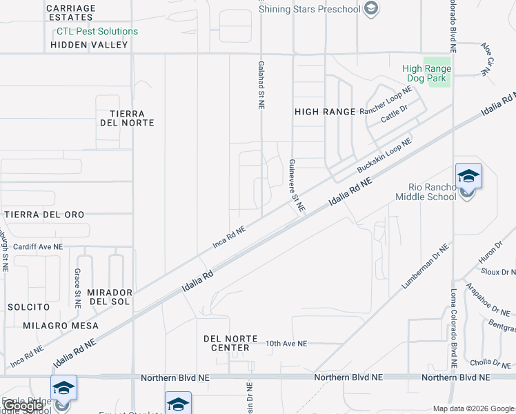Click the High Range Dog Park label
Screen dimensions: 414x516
click(x=427, y=74)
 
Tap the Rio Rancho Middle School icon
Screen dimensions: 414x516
click(x=468, y=176)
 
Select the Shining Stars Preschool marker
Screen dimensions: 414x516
click(x=371, y=8)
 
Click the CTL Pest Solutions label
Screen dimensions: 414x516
click(x=97, y=31)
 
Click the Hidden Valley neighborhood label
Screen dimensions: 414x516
click(x=90, y=45)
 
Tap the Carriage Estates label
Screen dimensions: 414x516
click(x=71, y=12)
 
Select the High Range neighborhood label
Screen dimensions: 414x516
click(x=325, y=111)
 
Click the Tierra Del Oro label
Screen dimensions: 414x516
click(x=45, y=215)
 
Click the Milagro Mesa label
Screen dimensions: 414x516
click(x=61, y=325)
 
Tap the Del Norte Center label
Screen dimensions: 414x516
click(x=230, y=343)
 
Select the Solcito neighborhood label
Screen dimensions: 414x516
click(x=28, y=306)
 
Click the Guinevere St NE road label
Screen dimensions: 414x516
click(x=297, y=184)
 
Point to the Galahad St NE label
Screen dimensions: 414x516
click(x=261, y=84)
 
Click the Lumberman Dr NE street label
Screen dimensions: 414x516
click(x=426, y=266)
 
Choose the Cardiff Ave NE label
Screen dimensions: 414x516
click(x=38, y=246)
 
